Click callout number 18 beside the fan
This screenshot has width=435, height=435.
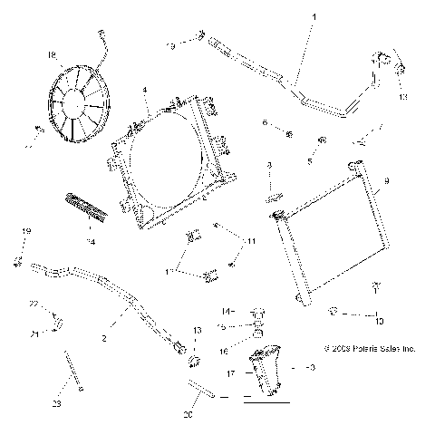tap(51, 54)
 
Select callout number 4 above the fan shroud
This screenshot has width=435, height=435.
tap(145, 90)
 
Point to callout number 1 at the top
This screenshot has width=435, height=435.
tap(314, 17)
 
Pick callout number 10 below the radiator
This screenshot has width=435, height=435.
tap(379, 319)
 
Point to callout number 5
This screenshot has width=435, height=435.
tap(309, 161)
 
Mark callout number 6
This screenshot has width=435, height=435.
tap(265, 121)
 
